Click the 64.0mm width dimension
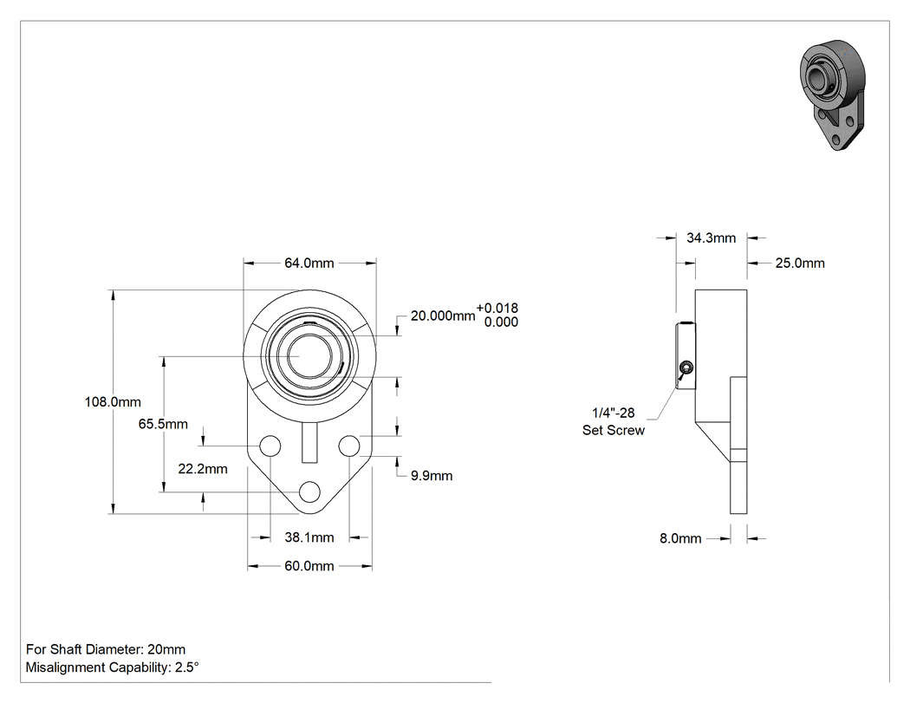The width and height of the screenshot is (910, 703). [x=309, y=263]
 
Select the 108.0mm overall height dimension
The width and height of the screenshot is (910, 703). [x=113, y=401]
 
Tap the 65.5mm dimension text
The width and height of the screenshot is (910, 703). [x=163, y=424]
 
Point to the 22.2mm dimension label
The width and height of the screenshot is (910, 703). [x=203, y=468]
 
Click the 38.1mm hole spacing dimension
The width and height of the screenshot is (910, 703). [x=309, y=537]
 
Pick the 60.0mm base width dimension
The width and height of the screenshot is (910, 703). [x=309, y=566]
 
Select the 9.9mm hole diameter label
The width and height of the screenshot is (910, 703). [x=432, y=476]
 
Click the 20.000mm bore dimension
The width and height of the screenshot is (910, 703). [x=443, y=316]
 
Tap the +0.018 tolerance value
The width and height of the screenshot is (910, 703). [x=497, y=309]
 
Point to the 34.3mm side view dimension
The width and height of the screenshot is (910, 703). [x=711, y=238]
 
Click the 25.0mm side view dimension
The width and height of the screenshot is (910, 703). [x=800, y=263]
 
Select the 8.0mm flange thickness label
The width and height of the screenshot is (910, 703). [x=680, y=538]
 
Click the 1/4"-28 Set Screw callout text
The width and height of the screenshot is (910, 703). [x=614, y=421]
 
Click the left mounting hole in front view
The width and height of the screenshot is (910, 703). [x=270, y=446]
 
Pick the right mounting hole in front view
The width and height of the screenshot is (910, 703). [x=349, y=446]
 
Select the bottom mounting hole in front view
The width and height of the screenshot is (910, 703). [x=310, y=492]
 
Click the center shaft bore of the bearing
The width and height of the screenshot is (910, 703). [x=310, y=356]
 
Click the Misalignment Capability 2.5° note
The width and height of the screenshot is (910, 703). [x=112, y=667]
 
